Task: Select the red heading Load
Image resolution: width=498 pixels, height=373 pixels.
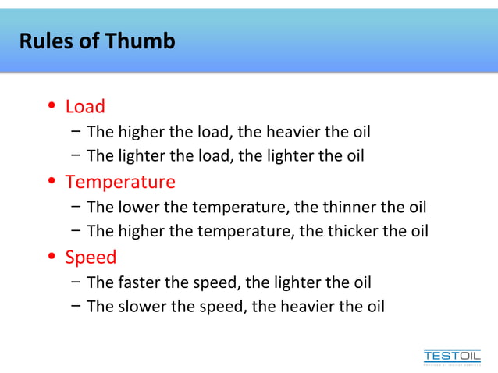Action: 85,106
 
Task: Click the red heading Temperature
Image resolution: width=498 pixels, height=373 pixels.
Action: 120,182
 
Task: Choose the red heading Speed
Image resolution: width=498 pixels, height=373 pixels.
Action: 91,257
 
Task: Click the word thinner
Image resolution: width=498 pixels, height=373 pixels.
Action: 339,207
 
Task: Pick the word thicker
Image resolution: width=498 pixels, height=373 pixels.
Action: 340,231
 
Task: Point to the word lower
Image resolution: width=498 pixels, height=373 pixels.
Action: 139,207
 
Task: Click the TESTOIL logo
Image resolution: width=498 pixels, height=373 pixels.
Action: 452,356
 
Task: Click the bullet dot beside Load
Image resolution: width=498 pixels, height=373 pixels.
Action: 51,106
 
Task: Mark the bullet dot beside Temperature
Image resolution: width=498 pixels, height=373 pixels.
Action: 51,182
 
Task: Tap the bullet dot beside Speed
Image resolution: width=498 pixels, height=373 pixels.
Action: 51,257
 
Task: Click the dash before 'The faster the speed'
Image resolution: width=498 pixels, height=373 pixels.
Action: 73,281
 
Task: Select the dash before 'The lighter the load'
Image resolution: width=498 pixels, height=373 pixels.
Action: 73,155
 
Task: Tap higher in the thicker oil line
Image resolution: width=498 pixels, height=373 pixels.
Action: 141,231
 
